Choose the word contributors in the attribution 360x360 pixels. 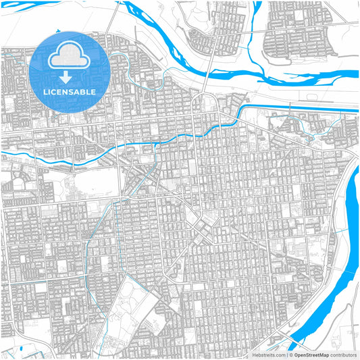click(342, 354)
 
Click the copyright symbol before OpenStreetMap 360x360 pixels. click(290, 354)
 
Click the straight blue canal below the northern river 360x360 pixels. click(304, 108)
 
